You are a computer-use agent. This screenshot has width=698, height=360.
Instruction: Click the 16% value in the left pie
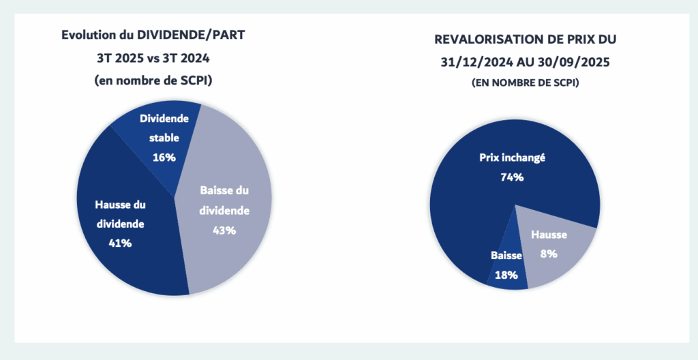point(164,157)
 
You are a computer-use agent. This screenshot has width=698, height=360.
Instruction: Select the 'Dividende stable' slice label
point(164,128)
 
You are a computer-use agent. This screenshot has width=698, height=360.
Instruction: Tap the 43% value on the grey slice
point(224,230)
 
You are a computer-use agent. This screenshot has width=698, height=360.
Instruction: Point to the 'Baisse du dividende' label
point(224,201)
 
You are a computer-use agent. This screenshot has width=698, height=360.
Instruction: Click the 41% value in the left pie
point(120,242)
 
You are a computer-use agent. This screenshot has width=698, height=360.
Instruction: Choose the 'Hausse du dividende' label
point(120,213)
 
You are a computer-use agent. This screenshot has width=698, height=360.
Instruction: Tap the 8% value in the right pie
point(549,254)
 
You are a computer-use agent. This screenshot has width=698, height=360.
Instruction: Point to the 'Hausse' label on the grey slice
point(549,235)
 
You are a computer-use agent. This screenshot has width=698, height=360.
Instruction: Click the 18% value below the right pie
point(506,275)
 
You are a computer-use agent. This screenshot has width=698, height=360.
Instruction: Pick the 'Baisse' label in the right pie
point(506,256)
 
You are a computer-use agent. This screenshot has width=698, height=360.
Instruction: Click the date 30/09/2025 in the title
point(572,61)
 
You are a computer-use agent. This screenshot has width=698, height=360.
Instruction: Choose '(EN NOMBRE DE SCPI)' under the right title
point(521,82)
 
